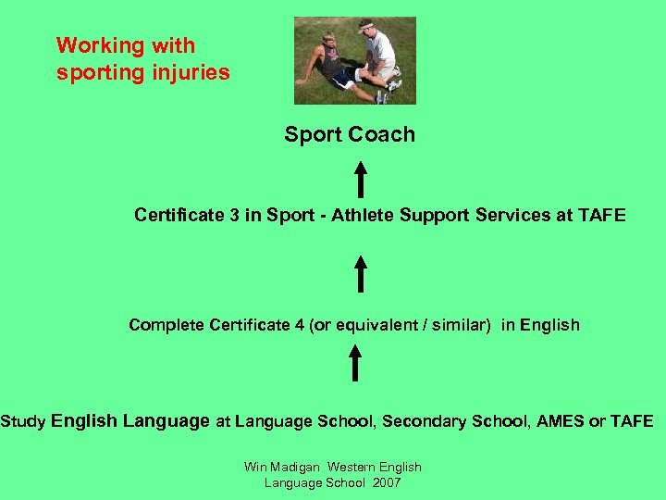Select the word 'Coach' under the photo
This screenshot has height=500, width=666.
pyautogui.click(x=382, y=134)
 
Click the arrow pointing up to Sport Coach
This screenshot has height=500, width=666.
pyautogui.click(x=360, y=180)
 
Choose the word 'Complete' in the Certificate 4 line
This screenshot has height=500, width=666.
pyautogui.click(x=166, y=325)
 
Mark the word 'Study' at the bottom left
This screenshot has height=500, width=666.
pyautogui.click(x=23, y=421)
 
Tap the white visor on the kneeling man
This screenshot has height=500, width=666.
pyautogui.click(x=366, y=28)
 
